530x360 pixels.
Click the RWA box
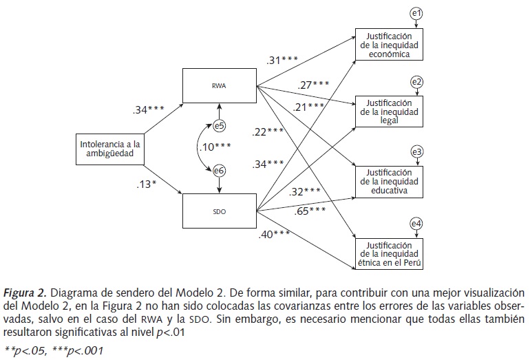pyautogui.click(x=220, y=87)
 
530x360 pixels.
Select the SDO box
pyautogui.click(x=220, y=211)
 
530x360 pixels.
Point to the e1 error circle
pyautogui.click(x=416, y=13)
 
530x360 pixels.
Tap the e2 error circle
pyautogui.click(x=416, y=82)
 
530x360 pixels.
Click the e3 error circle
pyautogui.click(x=416, y=151)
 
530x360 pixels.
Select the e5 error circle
pyautogui.click(x=219, y=126)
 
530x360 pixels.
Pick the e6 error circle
pyautogui.click(x=219, y=171)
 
